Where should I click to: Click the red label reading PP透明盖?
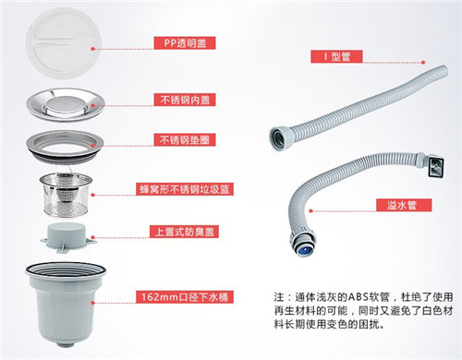tap(185, 43)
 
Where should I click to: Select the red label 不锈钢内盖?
tap(185, 100)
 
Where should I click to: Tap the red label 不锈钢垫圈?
tap(185, 140)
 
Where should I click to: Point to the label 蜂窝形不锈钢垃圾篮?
tap(185, 189)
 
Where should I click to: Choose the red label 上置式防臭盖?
tap(184, 232)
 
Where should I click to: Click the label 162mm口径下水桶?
tap(185, 297)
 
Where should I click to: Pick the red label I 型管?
tap(336, 56)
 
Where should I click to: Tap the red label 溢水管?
tap(404, 205)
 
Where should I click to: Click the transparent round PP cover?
tap(64, 43)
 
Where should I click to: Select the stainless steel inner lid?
tap(66, 104)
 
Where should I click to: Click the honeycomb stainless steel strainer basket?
tap(67, 194)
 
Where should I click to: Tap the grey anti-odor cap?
tap(67, 236)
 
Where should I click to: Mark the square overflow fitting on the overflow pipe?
tap(435, 166)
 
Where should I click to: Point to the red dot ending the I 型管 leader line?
tap(423, 63)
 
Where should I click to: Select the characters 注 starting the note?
tap(279, 297)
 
